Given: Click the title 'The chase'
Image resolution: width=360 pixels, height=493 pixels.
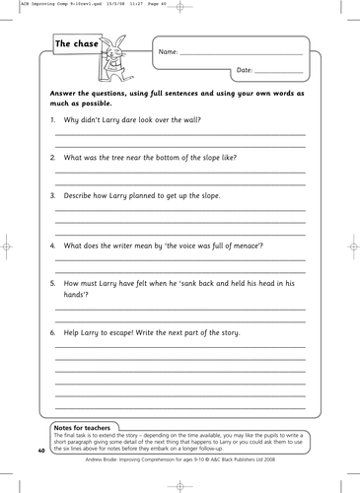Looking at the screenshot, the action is tap(75, 44).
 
